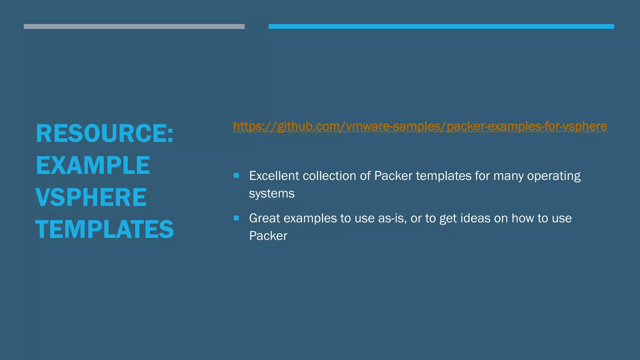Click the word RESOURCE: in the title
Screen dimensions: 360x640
click(x=104, y=134)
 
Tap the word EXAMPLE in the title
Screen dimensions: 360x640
click(x=93, y=166)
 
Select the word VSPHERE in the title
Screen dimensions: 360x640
click(x=91, y=197)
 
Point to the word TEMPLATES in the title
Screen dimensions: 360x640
click(x=104, y=230)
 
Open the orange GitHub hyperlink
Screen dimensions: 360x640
click(x=420, y=127)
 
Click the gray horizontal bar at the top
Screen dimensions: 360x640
click(x=134, y=27)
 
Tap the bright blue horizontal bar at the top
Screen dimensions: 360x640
click(x=441, y=27)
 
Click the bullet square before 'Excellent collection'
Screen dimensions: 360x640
click(x=236, y=176)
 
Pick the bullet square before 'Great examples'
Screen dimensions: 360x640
click(x=236, y=218)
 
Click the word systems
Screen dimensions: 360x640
click(x=272, y=194)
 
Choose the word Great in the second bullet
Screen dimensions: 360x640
click(x=264, y=218)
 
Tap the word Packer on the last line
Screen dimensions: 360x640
click(x=268, y=236)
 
